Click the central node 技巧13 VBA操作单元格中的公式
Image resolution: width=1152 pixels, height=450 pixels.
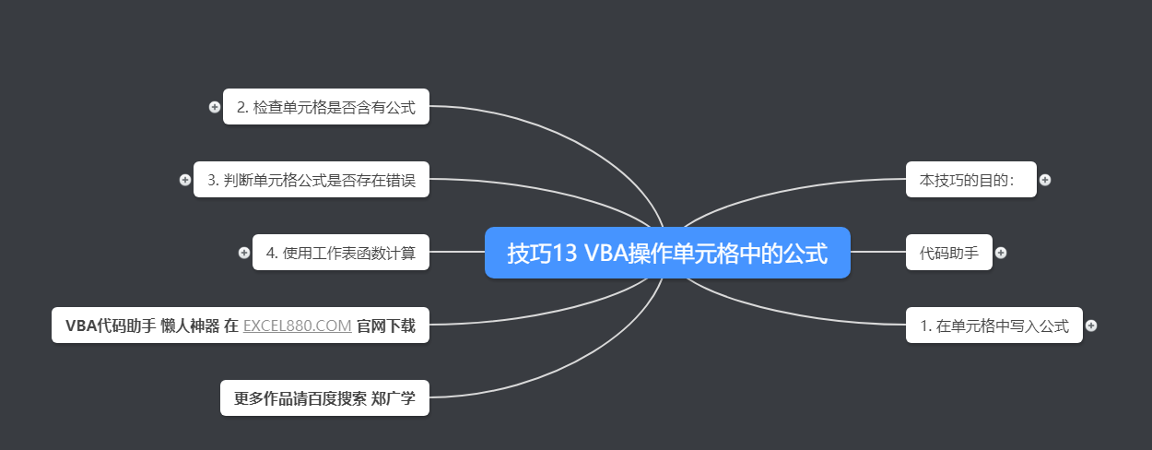click(x=667, y=253)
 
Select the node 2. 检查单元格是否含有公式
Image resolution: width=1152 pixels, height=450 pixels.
click(x=325, y=107)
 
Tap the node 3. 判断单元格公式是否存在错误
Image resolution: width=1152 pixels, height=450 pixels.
click(x=312, y=180)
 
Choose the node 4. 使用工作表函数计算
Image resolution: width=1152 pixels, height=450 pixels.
click(x=340, y=253)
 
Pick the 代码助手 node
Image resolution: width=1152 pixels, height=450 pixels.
click(x=948, y=253)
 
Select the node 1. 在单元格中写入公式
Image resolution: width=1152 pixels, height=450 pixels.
click(x=993, y=326)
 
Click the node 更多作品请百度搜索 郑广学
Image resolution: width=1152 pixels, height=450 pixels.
click(x=324, y=398)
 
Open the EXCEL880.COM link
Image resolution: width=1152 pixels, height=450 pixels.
click(x=297, y=326)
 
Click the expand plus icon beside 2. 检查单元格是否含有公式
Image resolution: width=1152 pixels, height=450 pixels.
click(x=215, y=107)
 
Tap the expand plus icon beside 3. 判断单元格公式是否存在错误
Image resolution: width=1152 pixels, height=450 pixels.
click(x=185, y=180)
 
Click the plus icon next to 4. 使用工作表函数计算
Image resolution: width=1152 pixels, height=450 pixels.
click(x=244, y=253)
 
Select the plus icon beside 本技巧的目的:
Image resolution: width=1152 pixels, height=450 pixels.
click(x=1045, y=180)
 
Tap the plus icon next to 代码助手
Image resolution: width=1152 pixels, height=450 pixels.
click(x=1001, y=253)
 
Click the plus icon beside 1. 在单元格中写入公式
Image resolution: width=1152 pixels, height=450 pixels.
click(x=1091, y=326)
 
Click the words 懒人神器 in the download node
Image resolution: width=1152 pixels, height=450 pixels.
click(x=189, y=326)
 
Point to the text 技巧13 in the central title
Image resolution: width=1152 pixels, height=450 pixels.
click(x=541, y=254)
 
